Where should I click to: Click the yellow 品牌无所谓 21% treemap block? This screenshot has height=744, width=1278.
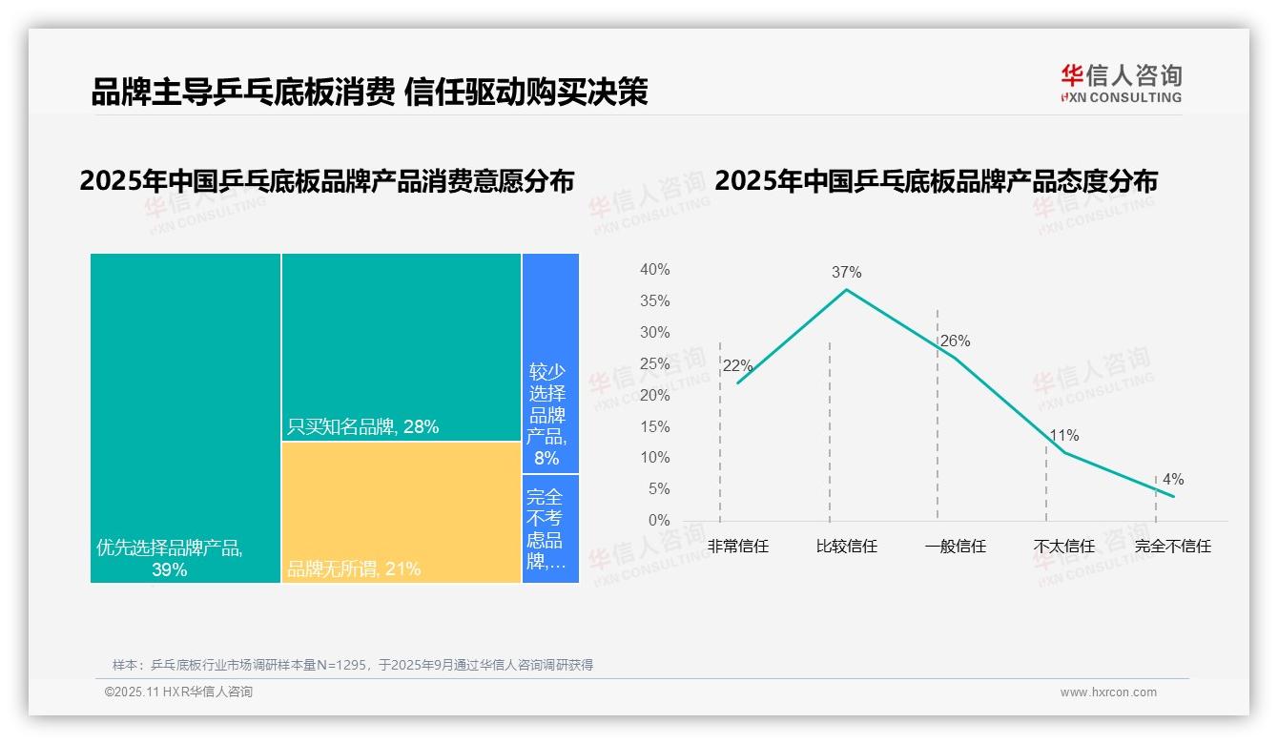click(x=401, y=511)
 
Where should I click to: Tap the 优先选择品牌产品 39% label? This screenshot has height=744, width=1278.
click(x=170, y=559)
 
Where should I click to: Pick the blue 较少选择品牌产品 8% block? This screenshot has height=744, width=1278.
click(x=549, y=362)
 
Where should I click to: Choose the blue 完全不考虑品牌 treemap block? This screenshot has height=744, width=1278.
click(x=549, y=527)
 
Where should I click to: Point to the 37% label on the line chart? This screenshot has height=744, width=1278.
click(x=846, y=272)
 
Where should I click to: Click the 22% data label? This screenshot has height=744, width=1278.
click(x=737, y=366)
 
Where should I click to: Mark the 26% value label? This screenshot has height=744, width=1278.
click(x=955, y=341)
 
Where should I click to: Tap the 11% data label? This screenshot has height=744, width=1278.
click(x=1063, y=436)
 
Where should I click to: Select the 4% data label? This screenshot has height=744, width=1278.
click(x=1172, y=479)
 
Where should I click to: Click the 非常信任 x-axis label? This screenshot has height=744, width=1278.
click(x=737, y=547)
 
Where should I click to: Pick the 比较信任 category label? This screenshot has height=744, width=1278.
click(x=846, y=547)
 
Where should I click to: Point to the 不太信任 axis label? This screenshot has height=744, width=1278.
click(x=1063, y=547)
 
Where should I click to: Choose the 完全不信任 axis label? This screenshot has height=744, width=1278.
click(x=1172, y=547)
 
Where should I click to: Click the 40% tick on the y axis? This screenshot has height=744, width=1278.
click(x=654, y=270)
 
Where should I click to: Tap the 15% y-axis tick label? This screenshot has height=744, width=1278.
click(x=654, y=426)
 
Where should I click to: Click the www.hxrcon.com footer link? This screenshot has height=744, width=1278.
click(x=1108, y=692)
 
